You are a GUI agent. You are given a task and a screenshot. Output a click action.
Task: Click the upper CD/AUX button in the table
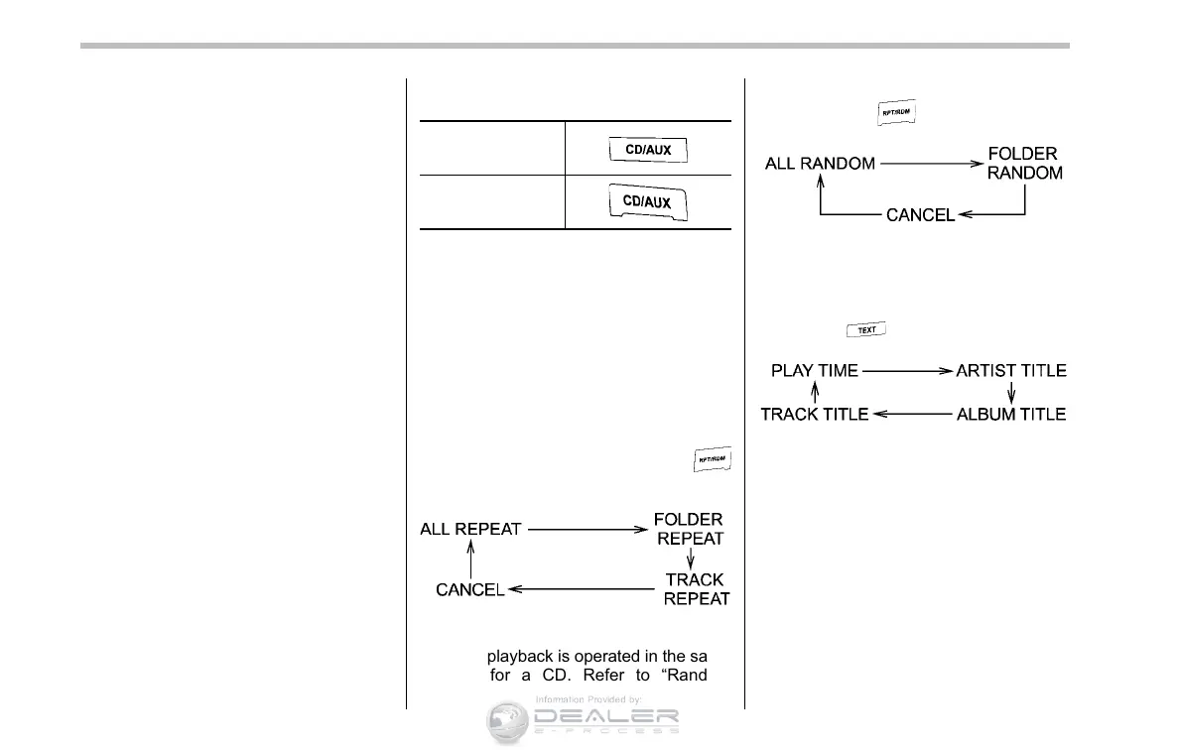[x=648, y=151]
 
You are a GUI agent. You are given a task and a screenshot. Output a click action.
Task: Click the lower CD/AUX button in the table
[x=647, y=202]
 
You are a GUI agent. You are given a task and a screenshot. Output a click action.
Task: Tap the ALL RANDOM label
[x=820, y=164]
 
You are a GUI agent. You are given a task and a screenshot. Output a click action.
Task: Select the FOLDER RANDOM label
[x=1024, y=164]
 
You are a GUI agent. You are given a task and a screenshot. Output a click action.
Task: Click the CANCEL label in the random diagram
[x=920, y=214]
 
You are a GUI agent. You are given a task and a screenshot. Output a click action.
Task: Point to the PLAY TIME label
[x=815, y=371]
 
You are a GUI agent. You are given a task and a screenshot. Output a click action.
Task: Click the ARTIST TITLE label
[x=1011, y=371]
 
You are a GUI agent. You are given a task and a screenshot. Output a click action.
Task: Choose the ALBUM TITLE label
[x=1011, y=414]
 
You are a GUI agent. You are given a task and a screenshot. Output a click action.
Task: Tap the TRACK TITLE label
[x=815, y=414]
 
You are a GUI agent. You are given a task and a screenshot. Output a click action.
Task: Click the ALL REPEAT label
[x=470, y=529]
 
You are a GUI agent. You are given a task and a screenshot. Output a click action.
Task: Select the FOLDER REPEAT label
[x=690, y=529]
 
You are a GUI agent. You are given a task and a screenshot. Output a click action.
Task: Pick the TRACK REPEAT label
[x=696, y=588]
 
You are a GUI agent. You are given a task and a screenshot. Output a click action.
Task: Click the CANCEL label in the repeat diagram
[x=470, y=589]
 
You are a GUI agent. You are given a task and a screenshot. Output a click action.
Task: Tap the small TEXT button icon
[x=865, y=330]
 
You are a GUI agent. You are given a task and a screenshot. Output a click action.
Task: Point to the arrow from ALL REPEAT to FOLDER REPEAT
[x=588, y=530]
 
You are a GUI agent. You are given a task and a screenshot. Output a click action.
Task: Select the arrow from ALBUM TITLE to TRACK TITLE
[x=911, y=415]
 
